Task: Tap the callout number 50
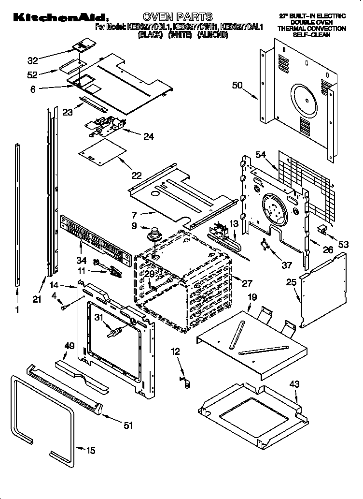[237, 86]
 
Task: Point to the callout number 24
[149, 137]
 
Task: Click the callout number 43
[294, 384]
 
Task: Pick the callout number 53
[343, 245]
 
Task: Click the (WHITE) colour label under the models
[180, 35]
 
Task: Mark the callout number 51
[128, 426]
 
